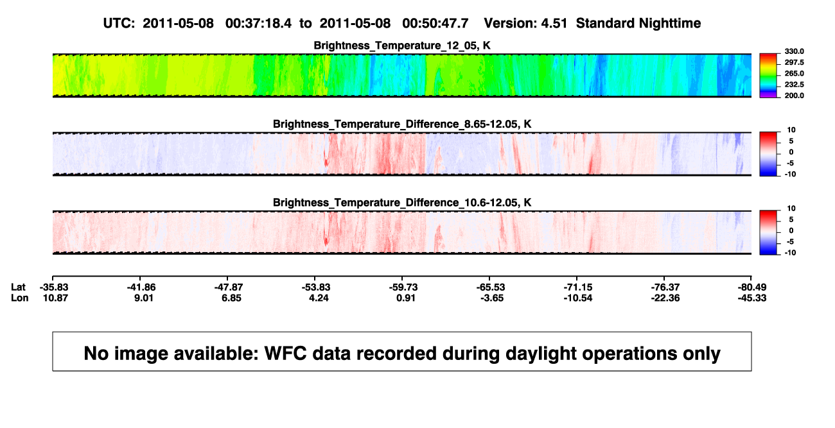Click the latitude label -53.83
pyautogui.click(x=315, y=287)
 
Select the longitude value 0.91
pyautogui.click(x=405, y=298)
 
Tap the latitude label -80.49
pyautogui.click(x=752, y=287)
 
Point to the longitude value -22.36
pyautogui.click(x=665, y=298)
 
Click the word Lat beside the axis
pyautogui.click(x=18, y=287)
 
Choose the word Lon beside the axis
pyautogui.click(x=19, y=298)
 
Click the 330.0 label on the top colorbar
pyautogui.click(x=794, y=51)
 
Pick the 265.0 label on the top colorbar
pyautogui.click(x=794, y=73)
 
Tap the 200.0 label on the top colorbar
pyautogui.click(x=794, y=96)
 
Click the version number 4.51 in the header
pyautogui.click(x=554, y=23)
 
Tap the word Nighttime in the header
pyautogui.click(x=669, y=23)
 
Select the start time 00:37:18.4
pyautogui.click(x=258, y=23)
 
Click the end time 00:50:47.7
pyautogui.click(x=435, y=23)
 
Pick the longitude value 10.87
pyautogui.click(x=55, y=298)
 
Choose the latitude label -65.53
pyautogui.click(x=490, y=287)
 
